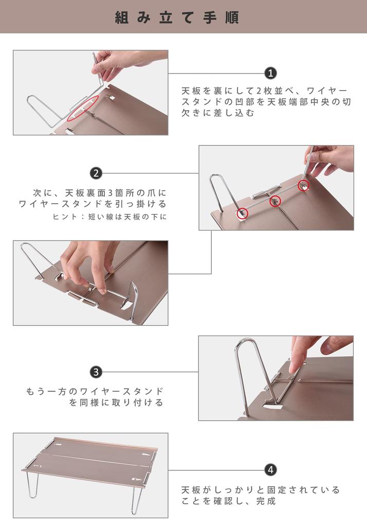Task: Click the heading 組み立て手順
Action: tap(177, 17)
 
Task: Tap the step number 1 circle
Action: tap(270, 74)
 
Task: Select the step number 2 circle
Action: tap(96, 173)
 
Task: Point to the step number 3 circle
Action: tap(96, 372)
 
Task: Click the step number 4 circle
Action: tap(270, 470)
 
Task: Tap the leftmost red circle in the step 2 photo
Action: tap(242, 212)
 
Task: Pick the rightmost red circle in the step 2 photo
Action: tap(304, 185)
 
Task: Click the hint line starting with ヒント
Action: tap(110, 217)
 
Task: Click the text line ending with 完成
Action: tap(229, 501)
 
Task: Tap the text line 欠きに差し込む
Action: tap(218, 113)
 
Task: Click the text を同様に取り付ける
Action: tap(116, 403)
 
